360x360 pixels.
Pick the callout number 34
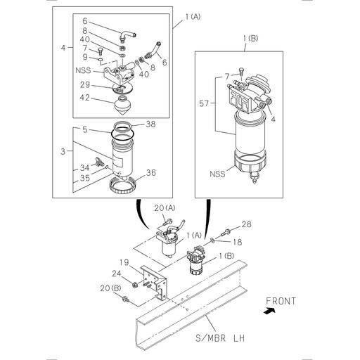pos(85,169)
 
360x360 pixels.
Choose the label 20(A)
pos(163,209)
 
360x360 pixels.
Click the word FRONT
pos(281,301)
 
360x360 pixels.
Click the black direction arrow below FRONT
pos(269,311)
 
